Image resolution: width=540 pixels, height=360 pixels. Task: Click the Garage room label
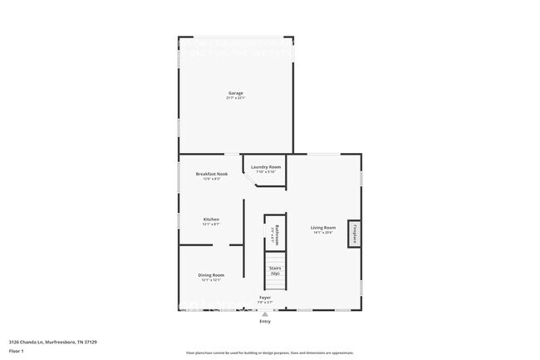[x=236, y=92]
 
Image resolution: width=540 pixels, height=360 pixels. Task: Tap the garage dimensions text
[x=236, y=98]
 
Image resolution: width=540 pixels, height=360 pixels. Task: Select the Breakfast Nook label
[x=211, y=174]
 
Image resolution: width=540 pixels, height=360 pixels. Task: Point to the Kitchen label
[x=211, y=219]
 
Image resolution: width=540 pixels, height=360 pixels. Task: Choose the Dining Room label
[x=211, y=275]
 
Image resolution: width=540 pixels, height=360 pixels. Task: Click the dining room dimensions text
[x=211, y=280]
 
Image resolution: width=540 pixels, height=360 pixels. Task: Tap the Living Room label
[x=323, y=227]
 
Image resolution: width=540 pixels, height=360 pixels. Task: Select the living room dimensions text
[x=323, y=233]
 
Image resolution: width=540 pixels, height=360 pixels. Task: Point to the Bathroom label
[x=276, y=234]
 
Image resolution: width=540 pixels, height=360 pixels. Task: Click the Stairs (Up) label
[x=275, y=270]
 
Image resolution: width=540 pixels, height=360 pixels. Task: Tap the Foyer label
[x=265, y=297]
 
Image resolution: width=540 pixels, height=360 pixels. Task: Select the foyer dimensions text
[x=265, y=302]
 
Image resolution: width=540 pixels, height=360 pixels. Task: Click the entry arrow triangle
[x=265, y=314]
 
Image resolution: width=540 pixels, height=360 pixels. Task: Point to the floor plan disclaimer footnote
[x=270, y=353]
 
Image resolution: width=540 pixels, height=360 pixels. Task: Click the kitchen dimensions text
[x=211, y=224]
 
